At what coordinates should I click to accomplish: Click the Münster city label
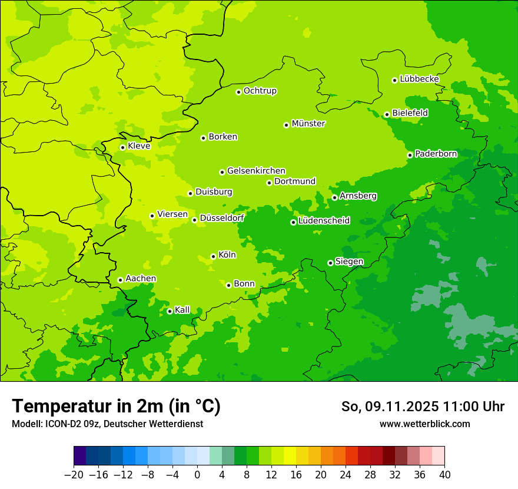coord(308,124)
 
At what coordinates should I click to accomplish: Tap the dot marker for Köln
coord(213,256)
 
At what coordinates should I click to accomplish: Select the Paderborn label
coord(436,154)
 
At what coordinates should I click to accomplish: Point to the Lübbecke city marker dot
coord(394,80)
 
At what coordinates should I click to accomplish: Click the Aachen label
coord(141,279)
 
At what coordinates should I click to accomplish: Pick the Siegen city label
coord(349,262)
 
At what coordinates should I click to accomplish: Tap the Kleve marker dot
coord(122,147)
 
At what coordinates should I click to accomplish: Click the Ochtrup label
coord(260,91)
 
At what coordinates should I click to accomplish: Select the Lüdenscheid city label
coord(324,221)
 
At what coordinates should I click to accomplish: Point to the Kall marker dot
coord(170,311)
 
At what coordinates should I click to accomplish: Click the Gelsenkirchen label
coord(256,171)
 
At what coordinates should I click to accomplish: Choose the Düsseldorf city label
coord(222,218)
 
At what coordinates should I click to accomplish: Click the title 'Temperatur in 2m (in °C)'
coord(117,406)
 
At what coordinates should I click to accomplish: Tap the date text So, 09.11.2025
coord(389,407)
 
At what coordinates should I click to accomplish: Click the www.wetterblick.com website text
coord(424,424)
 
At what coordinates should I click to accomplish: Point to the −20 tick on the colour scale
coord(74,475)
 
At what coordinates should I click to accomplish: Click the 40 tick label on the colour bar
coord(444,475)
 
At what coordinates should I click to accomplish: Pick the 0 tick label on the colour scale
coord(197,475)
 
